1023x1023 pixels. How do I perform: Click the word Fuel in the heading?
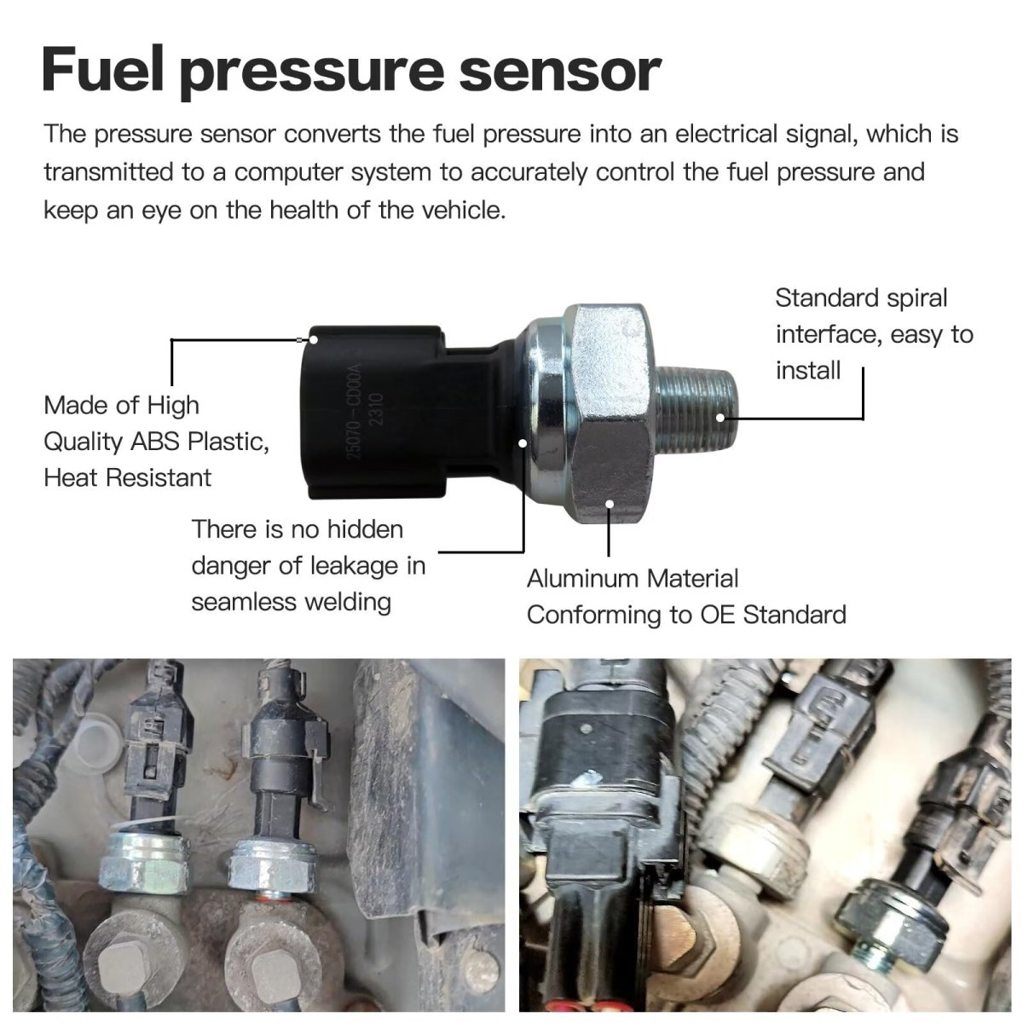coord(102,70)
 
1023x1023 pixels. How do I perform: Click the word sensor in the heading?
coord(560,72)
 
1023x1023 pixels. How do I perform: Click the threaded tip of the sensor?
coord(696,412)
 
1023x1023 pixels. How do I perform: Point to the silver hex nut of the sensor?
coord(610,412)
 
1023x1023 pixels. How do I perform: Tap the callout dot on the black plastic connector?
coord(314,339)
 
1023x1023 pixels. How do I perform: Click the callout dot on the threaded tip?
coord(720,417)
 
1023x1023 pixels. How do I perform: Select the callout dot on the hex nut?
coord(610,505)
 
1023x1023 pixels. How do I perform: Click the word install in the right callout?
coord(808,370)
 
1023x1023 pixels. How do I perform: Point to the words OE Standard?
coord(773,615)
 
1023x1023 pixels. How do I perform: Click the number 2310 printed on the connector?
coord(376,409)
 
